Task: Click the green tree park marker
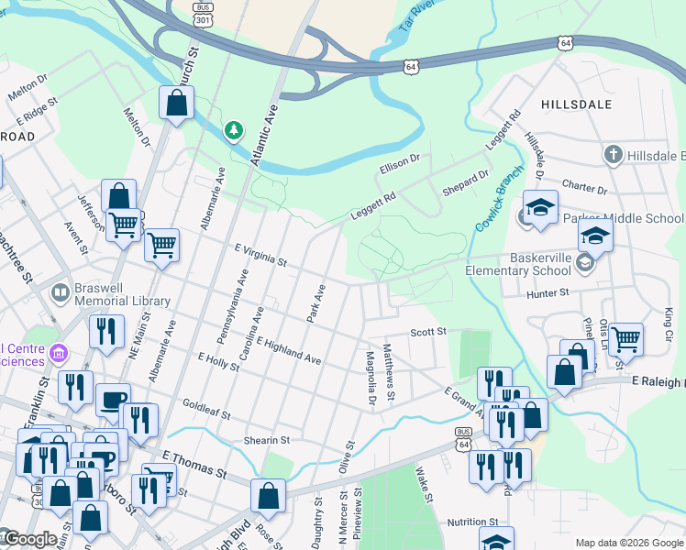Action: (x=234, y=132)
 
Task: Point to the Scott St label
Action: (x=427, y=331)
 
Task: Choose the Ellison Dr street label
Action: (x=399, y=164)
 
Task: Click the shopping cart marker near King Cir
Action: (x=625, y=339)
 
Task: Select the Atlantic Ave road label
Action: (x=263, y=135)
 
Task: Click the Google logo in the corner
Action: (x=29, y=539)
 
